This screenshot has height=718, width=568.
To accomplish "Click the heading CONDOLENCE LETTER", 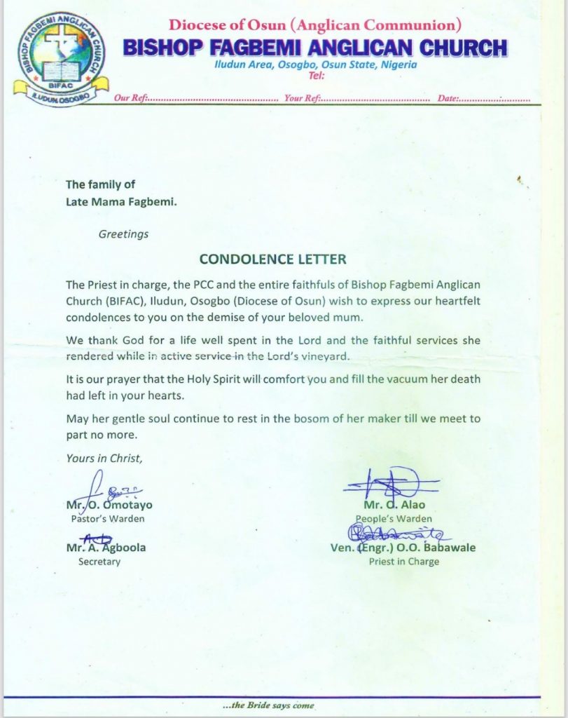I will [272, 259].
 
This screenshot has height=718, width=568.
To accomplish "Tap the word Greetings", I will [123, 234].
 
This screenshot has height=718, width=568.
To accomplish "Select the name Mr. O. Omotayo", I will [109, 505].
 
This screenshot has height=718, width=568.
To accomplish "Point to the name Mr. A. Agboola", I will [106, 548].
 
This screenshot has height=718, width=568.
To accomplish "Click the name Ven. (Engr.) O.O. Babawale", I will [403, 548].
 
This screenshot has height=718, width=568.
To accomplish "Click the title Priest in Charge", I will [403, 562].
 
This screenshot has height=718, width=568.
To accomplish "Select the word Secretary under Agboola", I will [99, 562].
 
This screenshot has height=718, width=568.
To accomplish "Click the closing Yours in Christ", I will [104, 459].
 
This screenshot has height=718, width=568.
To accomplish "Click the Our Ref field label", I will [130, 99].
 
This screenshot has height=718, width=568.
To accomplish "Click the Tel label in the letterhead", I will [307, 76].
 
